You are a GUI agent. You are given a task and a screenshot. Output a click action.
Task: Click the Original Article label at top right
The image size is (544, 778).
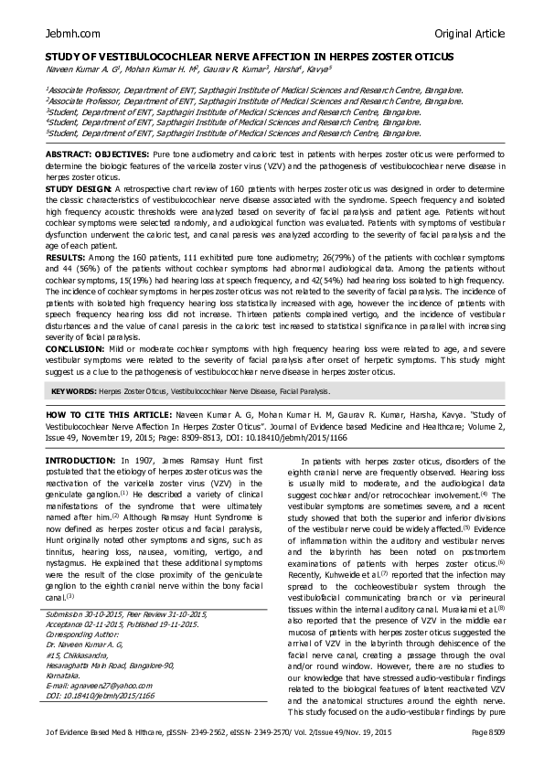[469, 33]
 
